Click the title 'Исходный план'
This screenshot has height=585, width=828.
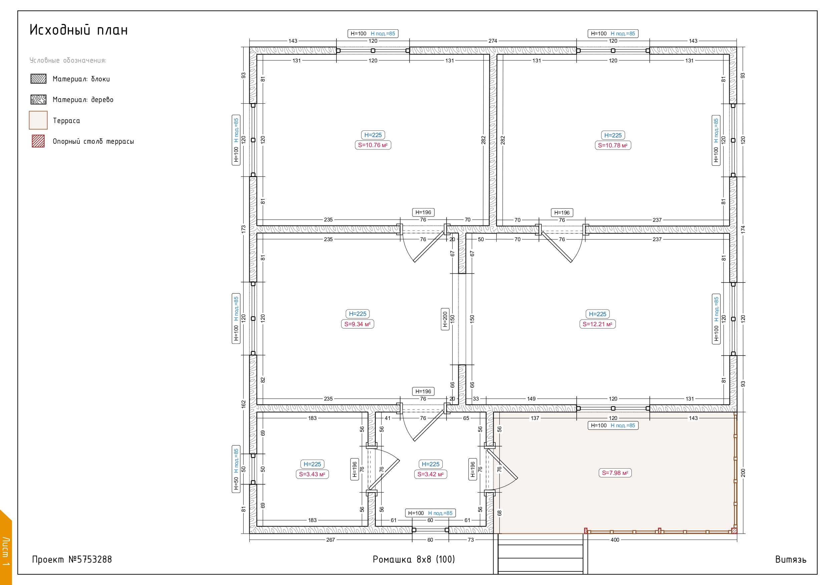click(x=79, y=30)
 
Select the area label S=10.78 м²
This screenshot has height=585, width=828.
click(x=613, y=146)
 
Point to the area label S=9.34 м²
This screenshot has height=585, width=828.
click(x=357, y=324)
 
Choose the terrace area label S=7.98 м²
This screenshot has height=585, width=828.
click(x=615, y=473)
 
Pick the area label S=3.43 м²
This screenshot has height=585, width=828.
click(x=312, y=474)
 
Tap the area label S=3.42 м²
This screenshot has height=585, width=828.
click(x=431, y=474)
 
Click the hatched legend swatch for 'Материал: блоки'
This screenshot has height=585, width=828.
click(x=38, y=79)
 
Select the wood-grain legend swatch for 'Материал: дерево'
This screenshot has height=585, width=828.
click(x=38, y=99)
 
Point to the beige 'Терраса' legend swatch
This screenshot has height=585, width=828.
click(x=38, y=120)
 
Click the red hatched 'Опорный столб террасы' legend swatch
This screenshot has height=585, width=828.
click(x=38, y=141)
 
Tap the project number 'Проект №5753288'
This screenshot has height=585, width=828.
click(x=72, y=559)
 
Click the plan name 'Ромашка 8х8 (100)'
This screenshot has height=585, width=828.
click(x=413, y=559)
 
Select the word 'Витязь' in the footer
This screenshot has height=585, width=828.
click(x=791, y=560)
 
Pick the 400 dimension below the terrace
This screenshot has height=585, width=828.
click(x=615, y=540)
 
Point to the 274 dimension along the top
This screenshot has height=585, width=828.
click(x=493, y=41)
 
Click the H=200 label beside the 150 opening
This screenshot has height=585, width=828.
click(x=445, y=319)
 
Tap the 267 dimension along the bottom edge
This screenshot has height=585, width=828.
click(x=330, y=540)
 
